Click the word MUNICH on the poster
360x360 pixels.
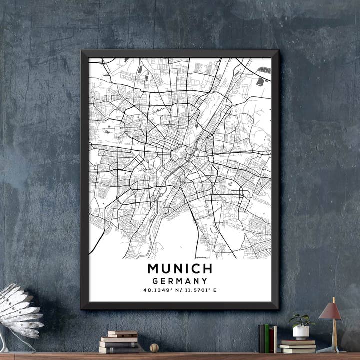180,268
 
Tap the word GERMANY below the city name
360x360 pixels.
180,281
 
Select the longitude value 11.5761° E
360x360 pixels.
199,290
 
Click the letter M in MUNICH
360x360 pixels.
153,268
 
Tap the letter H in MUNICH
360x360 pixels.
207,268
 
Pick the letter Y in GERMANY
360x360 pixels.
204,281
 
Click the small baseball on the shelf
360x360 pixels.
154,347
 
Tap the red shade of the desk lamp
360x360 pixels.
330,312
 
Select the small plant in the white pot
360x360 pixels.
301,320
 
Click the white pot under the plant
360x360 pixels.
301,332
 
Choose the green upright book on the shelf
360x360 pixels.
267,338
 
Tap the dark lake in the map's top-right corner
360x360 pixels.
260,81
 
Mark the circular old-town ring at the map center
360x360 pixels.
179,153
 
